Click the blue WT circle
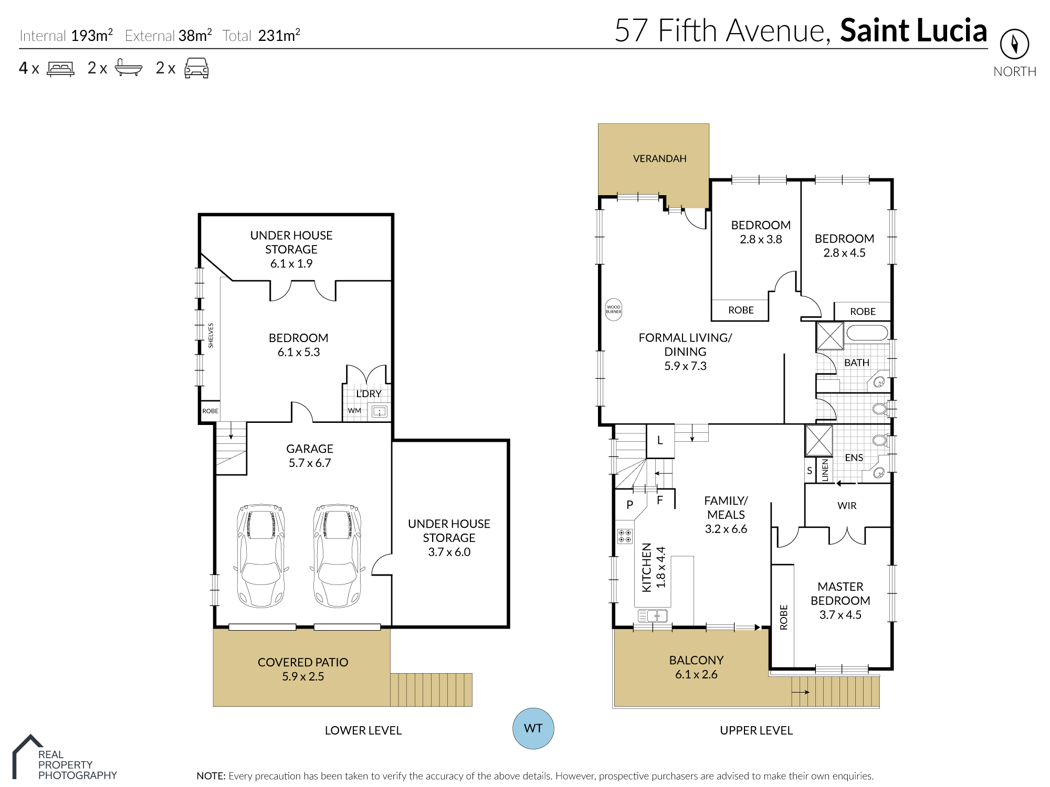pos(533,728)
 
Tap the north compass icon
pos(1014,44)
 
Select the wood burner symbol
pos(613,309)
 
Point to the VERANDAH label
pos(659,158)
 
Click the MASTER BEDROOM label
pos(840,593)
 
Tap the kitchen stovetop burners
pos(625,536)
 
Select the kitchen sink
pos(653,615)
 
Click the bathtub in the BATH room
pos(867,333)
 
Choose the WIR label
pos(847,506)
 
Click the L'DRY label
pos(369,393)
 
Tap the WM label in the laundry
pos(354,410)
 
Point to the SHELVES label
pos(211,335)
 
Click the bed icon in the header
pos(60,69)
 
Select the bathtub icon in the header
pos(129,68)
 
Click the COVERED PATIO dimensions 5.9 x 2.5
pos(303,676)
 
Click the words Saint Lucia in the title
pos(913,30)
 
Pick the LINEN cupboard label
pos(825,470)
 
